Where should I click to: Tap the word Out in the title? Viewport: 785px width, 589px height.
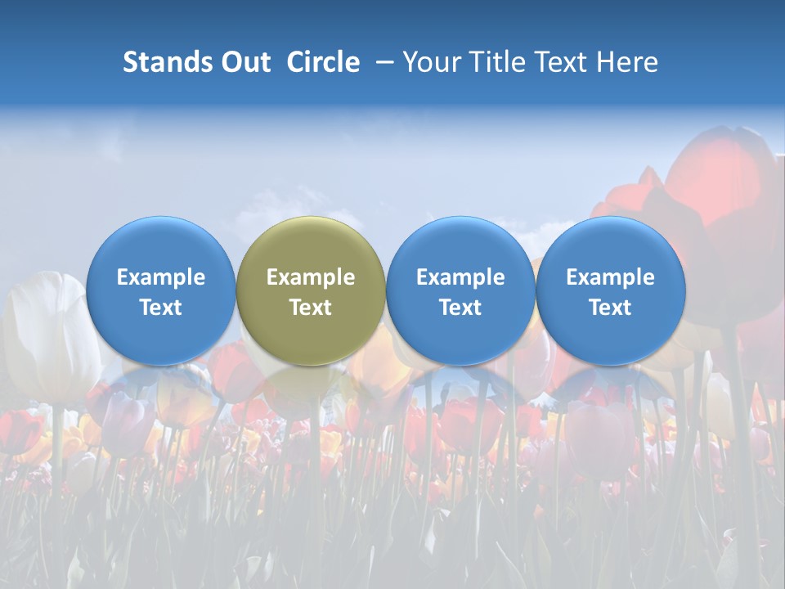(243, 62)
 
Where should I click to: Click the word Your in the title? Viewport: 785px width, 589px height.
(428, 62)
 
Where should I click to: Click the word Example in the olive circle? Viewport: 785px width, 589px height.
(311, 277)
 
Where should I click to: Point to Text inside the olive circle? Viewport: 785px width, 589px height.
(311, 308)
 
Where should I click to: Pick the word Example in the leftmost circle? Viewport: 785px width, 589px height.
(161, 277)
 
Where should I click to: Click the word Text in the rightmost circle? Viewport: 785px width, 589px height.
(611, 308)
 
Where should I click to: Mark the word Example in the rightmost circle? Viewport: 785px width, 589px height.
(611, 277)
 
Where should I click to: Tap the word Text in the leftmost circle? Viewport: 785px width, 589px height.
(161, 308)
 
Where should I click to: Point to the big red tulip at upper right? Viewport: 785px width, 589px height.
(720, 188)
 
